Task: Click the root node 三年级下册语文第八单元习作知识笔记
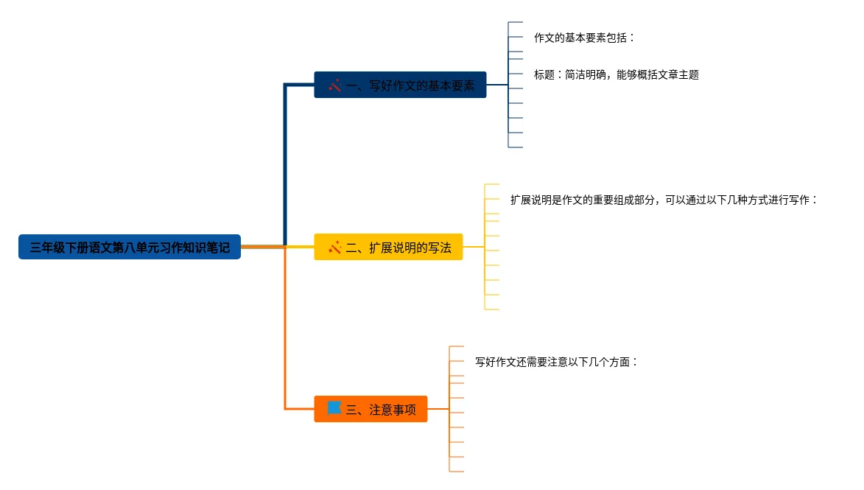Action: pyautogui.click(x=130, y=248)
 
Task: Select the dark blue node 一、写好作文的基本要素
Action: pyautogui.click(x=400, y=85)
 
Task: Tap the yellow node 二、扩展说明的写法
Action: pyautogui.click(x=388, y=247)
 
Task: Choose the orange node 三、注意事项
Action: pyautogui.click(x=370, y=409)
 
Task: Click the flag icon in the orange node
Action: pyautogui.click(x=334, y=408)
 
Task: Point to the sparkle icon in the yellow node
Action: pyautogui.click(x=334, y=248)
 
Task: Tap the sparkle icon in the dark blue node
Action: pyautogui.click(x=334, y=85)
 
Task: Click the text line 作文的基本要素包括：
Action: pyautogui.click(x=584, y=38)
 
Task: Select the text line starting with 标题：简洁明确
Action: pyautogui.click(x=616, y=74)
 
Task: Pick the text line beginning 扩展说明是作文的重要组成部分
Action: pyautogui.click(x=664, y=200)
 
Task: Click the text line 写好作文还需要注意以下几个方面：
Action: pyautogui.click(x=556, y=362)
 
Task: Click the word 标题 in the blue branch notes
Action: pyautogui.click(x=544, y=74)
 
